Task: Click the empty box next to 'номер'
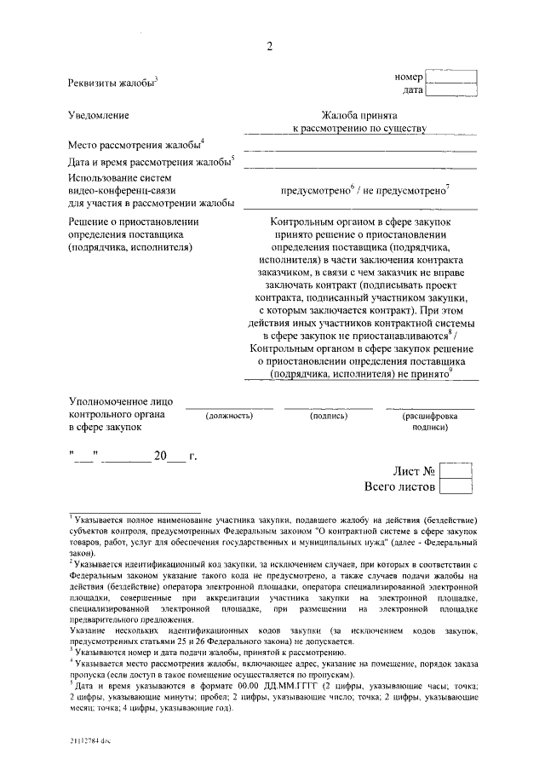(450, 78)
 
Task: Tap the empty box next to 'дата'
(450, 90)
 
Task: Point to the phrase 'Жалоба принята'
(359, 114)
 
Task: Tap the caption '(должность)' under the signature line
(230, 416)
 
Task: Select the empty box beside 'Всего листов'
(456, 486)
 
